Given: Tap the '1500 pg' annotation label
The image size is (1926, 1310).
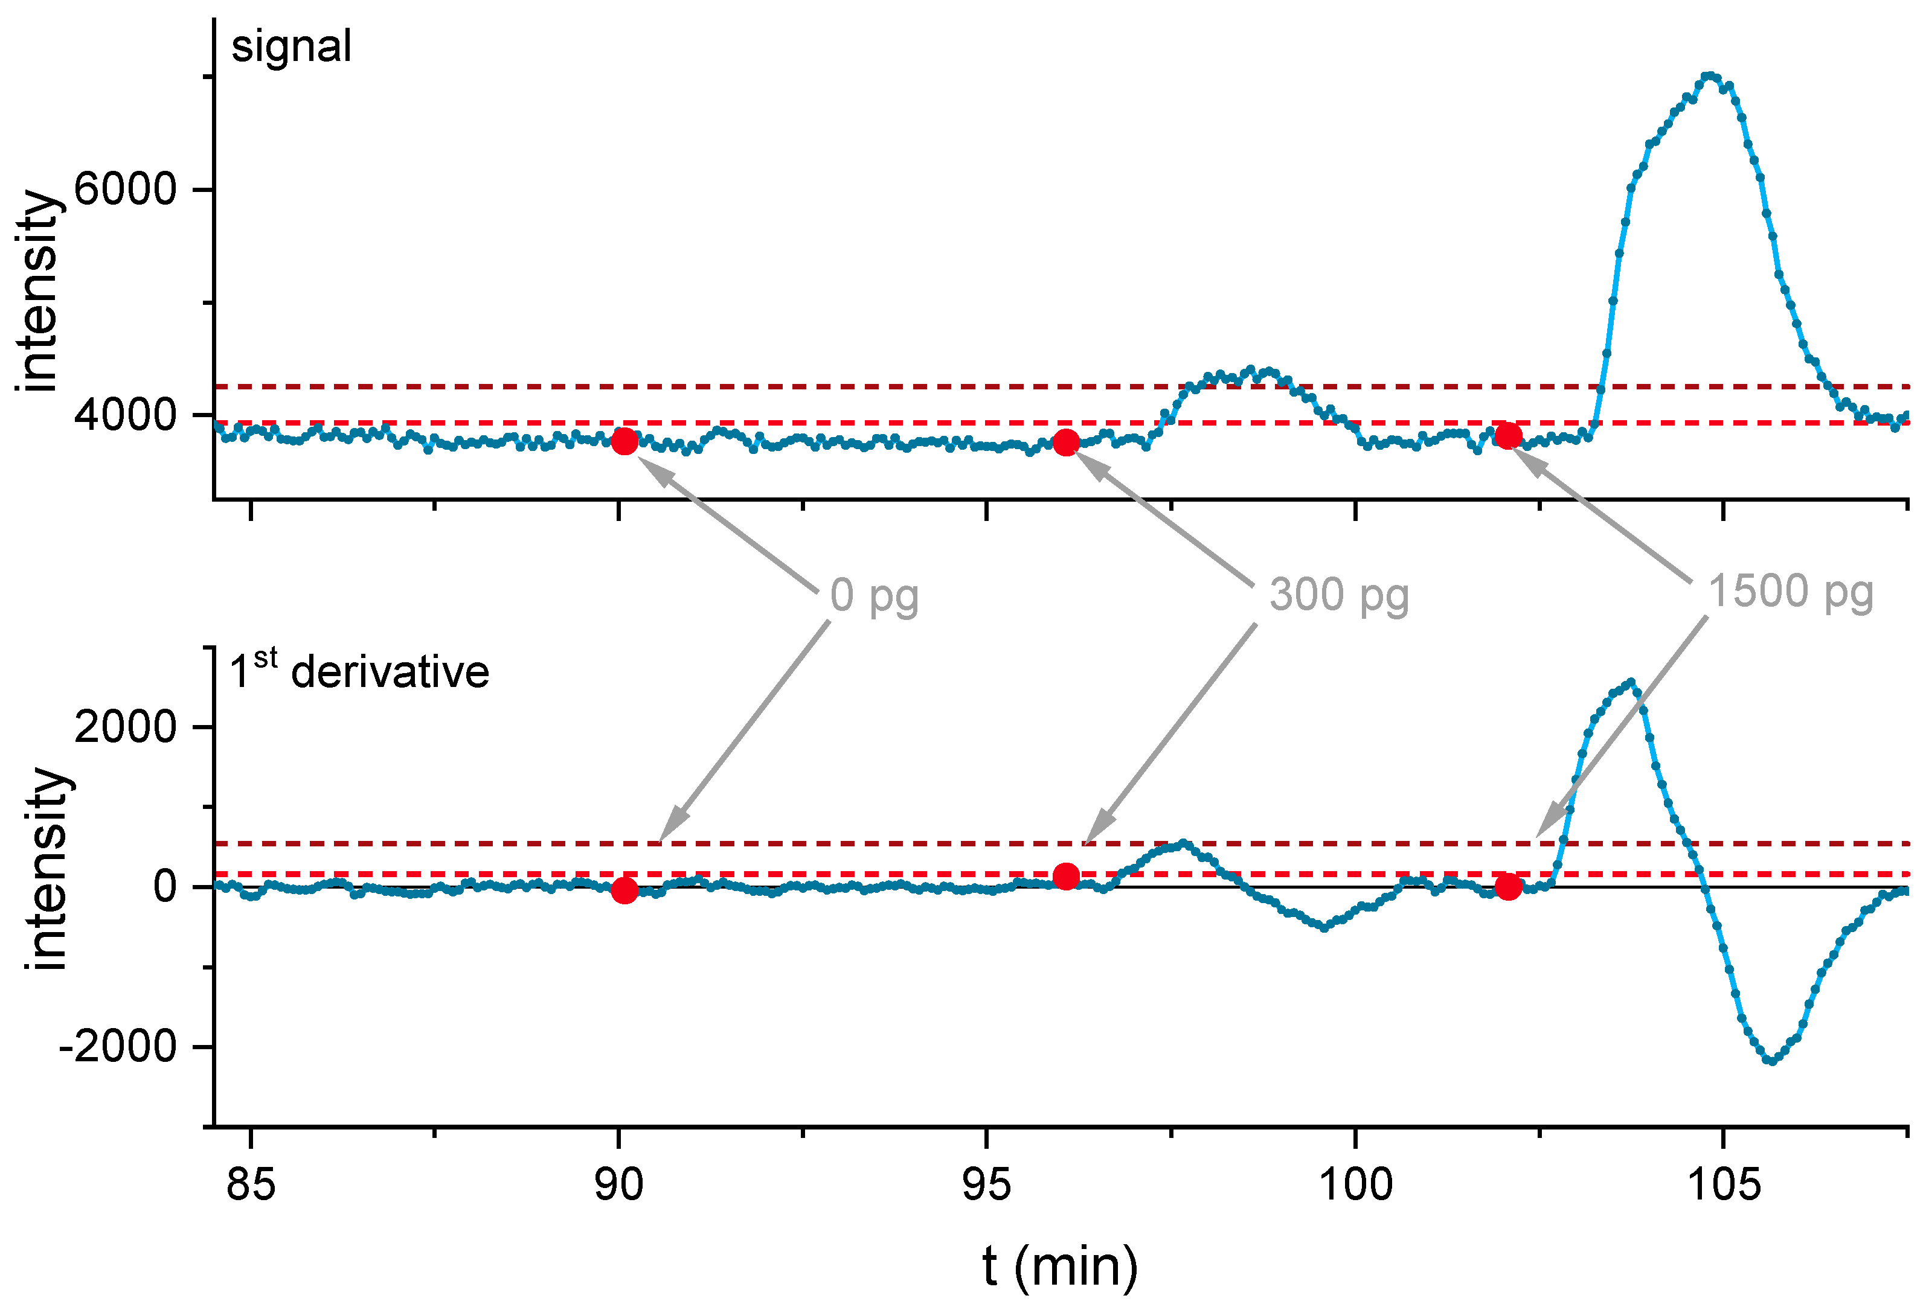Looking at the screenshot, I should pos(1791,592).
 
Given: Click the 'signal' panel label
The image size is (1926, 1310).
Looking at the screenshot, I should pos(291,46).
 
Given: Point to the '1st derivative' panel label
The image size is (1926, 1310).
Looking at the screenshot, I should pos(359,671).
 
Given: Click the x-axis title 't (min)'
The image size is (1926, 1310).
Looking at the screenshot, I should pos(1060,1266).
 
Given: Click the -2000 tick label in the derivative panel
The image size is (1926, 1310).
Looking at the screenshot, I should pos(118,1047).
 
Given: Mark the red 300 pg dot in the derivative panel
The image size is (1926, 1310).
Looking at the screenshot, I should pos(1066,876).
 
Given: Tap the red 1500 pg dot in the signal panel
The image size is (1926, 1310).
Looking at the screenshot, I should pos(1507,436).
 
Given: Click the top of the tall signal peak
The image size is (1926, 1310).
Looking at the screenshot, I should pos(1709,76).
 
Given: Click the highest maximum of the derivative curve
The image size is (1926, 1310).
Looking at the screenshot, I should pos(1631,683).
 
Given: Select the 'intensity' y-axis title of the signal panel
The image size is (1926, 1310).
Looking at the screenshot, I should pos(39,290).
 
